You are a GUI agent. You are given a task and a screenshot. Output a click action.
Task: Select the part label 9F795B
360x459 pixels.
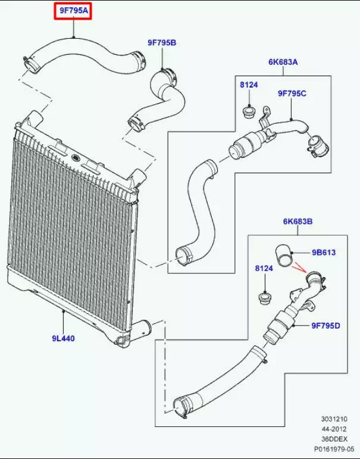point(162,42)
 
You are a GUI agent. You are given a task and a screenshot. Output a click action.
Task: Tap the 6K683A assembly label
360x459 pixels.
point(282,62)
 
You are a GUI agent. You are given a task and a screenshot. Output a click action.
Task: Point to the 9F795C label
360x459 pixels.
point(292,93)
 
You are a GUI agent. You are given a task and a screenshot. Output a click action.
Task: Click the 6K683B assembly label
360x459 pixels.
point(298,222)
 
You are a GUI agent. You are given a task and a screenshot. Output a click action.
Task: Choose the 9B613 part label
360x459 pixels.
point(323,252)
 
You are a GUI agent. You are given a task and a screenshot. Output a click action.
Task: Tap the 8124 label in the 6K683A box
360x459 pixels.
point(249,86)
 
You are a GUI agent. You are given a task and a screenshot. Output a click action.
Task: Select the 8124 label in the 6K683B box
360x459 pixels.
point(264,269)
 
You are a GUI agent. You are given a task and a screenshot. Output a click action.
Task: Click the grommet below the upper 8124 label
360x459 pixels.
point(249,111)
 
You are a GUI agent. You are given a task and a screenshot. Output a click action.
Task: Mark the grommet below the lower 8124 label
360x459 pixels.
point(264,296)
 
